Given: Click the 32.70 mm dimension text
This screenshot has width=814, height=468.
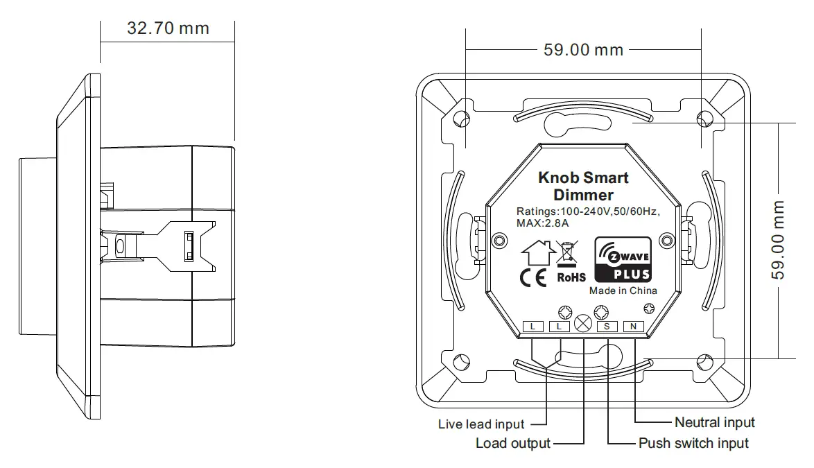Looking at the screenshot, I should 168,28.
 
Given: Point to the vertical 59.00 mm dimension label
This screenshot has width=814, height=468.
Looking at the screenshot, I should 780,240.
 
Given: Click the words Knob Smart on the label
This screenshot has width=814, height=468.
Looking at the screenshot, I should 583,177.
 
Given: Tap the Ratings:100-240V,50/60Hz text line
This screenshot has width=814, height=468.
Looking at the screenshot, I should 587,211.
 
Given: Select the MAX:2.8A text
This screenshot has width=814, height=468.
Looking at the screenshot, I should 542,223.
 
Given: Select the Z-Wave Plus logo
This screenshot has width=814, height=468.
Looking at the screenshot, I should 623,259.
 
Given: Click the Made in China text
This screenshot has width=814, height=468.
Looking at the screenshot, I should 623,291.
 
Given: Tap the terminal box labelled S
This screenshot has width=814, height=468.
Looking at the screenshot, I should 607,326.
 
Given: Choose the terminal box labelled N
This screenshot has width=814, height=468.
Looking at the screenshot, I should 634,326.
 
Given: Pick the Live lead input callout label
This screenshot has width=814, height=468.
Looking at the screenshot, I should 481,424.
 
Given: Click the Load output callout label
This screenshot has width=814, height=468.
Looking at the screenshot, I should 512,443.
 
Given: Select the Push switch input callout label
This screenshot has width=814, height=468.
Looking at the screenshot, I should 693,443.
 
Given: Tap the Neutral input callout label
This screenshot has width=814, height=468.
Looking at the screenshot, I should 714,422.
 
